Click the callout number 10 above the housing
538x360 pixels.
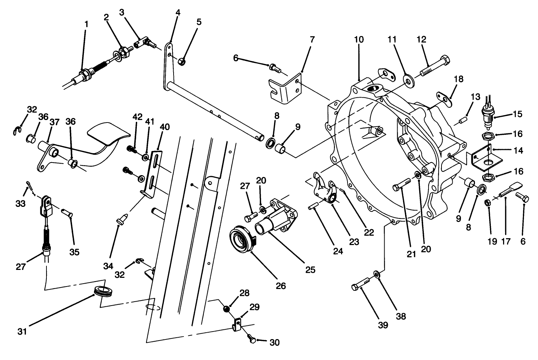359,39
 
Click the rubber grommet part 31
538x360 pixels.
103,290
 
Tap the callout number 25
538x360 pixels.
310,270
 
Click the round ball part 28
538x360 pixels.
227,309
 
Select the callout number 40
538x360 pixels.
164,127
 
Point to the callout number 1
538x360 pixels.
86,24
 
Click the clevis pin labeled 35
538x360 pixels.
67,213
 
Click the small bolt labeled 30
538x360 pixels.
252,339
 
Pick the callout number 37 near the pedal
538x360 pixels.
54,123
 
